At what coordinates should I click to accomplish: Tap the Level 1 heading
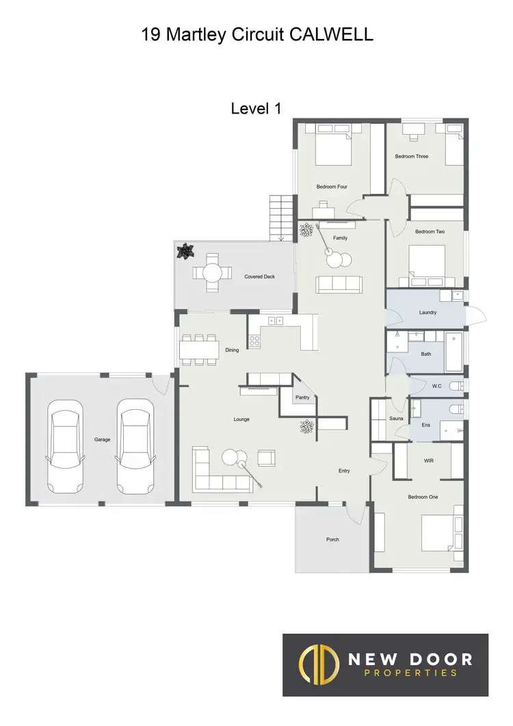[256, 108]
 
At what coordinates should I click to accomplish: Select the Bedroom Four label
[332, 187]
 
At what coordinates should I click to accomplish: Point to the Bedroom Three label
[411, 157]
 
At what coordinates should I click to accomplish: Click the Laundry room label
[428, 313]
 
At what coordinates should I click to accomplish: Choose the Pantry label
[302, 398]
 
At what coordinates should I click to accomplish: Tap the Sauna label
[396, 418]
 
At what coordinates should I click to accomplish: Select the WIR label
[429, 461]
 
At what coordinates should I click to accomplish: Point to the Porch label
[332, 540]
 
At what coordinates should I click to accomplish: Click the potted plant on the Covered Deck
[185, 252]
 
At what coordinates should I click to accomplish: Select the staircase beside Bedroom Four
[282, 217]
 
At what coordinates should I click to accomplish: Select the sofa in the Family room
[339, 283]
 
